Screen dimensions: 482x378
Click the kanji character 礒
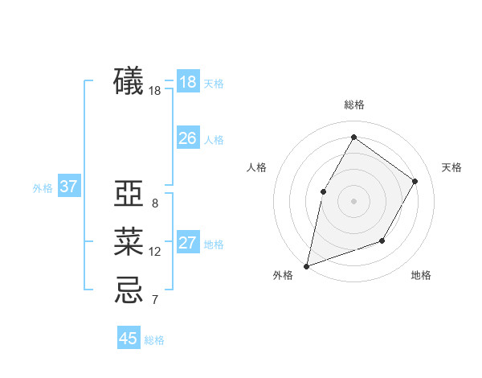pyautogui.click(x=129, y=82)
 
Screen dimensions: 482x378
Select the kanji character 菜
pyautogui.click(x=129, y=242)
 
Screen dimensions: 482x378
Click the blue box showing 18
pyautogui.click(x=188, y=82)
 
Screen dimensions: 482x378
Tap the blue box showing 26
pyautogui.click(x=188, y=138)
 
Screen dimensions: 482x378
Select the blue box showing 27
pyautogui.click(x=188, y=243)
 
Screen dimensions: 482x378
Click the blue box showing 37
pyautogui.click(x=69, y=187)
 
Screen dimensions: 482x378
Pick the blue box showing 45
pyautogui.click(x=129, y=338)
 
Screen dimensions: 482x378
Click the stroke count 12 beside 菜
pyautogui.click(x=155, y=252)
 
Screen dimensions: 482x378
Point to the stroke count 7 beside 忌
pyautogui.click(x=154, y=301)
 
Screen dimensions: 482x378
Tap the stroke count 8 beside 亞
pyautogui.click(x=154, y=203)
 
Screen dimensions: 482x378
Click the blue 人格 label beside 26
pyautogui.click(x=214, y=140)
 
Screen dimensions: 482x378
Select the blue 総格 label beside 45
pyautogui.click(x=154, y=340)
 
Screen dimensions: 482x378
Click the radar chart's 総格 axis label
pyautogui.click(x=353, y=105)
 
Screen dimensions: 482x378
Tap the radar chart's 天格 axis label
pyautogui.click(x=451, y=167)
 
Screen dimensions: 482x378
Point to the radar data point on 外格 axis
pyautogui.click(x=306, y=265)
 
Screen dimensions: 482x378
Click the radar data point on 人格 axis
pyautogui.click(x=323, y=191)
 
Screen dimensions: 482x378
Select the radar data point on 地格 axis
pyautogui.click(x=382, y=240)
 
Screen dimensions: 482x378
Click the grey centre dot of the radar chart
pyautogui.click(x=353, y=200)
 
